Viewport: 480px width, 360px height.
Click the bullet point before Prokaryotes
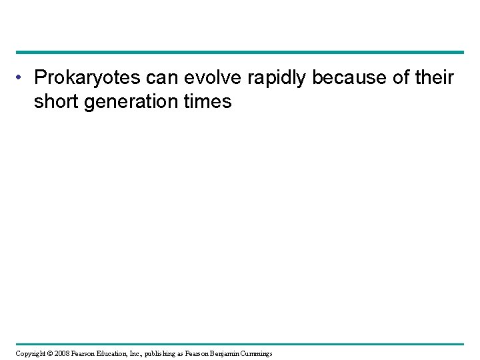21,79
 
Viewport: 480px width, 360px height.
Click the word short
56,102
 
